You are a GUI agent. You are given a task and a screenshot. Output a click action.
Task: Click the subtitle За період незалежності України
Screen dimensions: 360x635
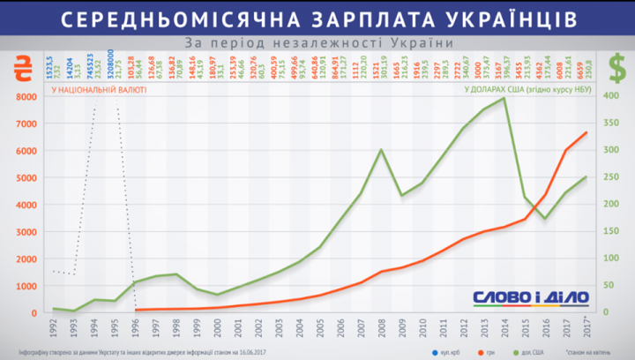[318, 42]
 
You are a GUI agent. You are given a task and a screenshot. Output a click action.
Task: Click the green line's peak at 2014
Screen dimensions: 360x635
[504, 98]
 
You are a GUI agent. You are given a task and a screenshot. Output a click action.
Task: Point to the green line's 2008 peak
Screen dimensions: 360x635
[381, 149]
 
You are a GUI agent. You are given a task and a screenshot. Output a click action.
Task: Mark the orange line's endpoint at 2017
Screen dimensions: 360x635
[585, 133]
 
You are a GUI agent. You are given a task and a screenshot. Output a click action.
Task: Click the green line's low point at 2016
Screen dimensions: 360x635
[544, 218]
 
